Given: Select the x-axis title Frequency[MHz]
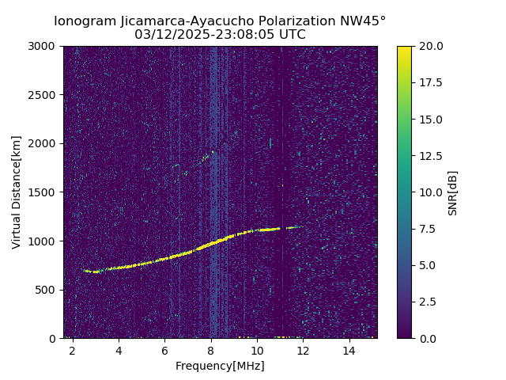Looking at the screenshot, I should point(220,366).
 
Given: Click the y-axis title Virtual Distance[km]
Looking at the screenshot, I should point(17,192).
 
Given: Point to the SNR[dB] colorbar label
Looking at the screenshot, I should point(453,192).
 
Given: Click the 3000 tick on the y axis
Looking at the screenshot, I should point(44,46).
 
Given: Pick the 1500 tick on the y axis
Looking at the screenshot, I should point(44,192).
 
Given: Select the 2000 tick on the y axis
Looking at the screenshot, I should point(44,143).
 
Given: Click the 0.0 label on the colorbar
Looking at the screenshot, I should point(427,338).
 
